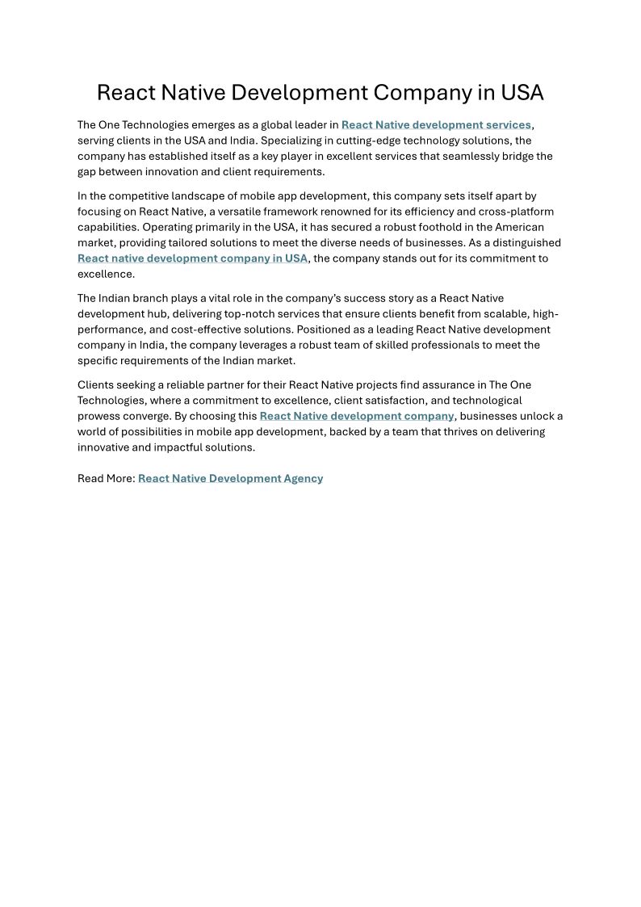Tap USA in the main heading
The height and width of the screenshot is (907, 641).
[x=522, y=93]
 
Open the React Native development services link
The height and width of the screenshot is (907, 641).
[x=436, y=124]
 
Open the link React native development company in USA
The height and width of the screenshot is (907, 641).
[x=192, y=258]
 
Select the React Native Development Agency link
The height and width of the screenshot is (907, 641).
[x=230, y=478]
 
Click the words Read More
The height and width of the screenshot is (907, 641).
[x=106, y=478]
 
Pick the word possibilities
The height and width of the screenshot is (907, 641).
[x=158, y=431]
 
